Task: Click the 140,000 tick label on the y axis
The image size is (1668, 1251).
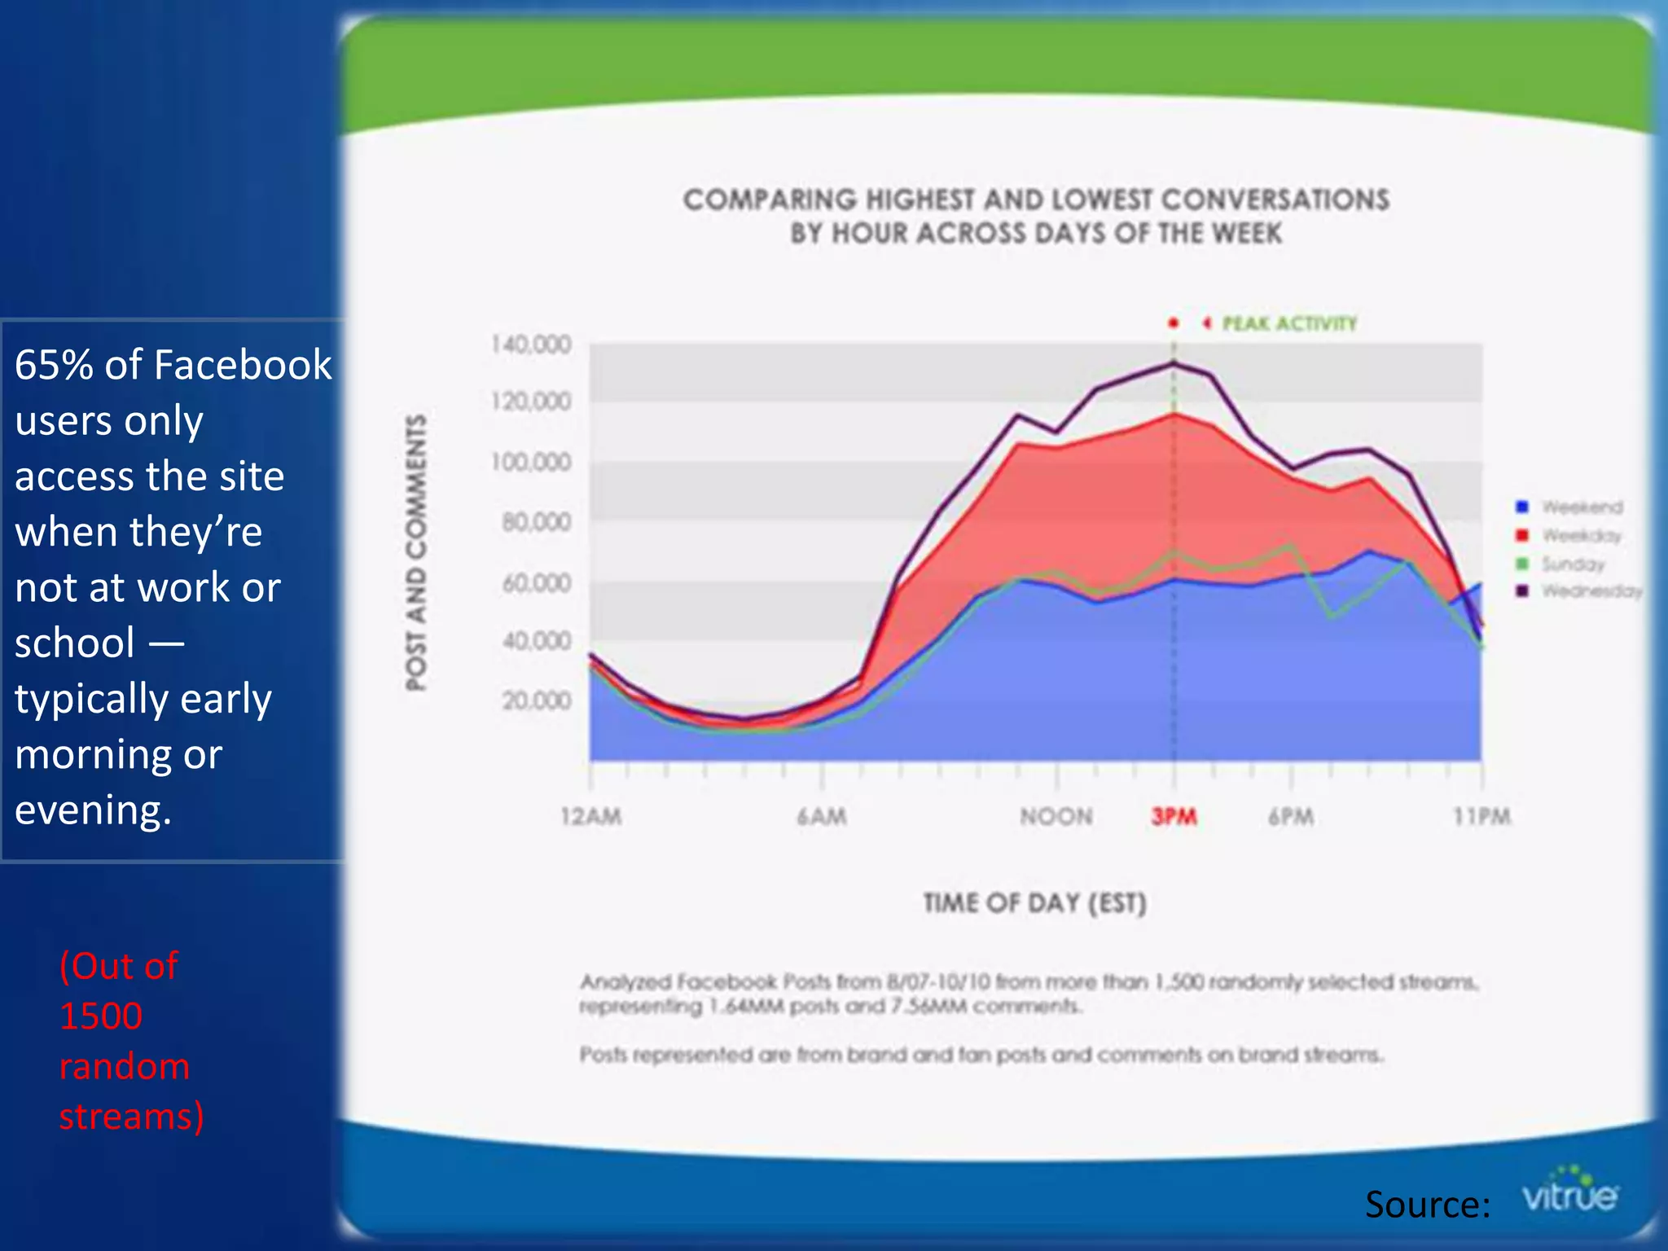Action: (x=531, y=345)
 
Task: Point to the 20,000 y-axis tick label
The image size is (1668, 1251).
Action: (x=536, y=700)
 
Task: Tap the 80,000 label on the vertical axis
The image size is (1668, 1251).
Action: (x=536, y=521)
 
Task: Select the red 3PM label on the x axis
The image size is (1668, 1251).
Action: (x=1174, y=816)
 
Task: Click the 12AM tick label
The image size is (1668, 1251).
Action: (x=591, y=816)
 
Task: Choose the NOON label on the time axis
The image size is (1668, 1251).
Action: (x=1056, y=816)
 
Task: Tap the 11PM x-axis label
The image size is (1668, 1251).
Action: (x=1482, y=816)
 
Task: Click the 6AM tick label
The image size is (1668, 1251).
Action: (x=822, y=816)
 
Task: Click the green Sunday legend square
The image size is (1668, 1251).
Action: (x=1521, y=564)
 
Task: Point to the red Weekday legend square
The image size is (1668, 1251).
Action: (x=1521, y=535)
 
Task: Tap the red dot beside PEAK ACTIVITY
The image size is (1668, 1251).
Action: (x=1174, y=323)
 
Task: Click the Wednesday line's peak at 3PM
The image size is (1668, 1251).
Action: (x=1174, y=363)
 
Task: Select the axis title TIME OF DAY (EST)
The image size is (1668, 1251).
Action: (x=1034, y=903)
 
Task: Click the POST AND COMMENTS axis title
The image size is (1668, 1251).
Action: (x=416, y=552)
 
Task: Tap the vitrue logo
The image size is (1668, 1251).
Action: (x=1569, y=1192)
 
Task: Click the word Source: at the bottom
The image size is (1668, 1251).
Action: (x=1428, y=1204)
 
